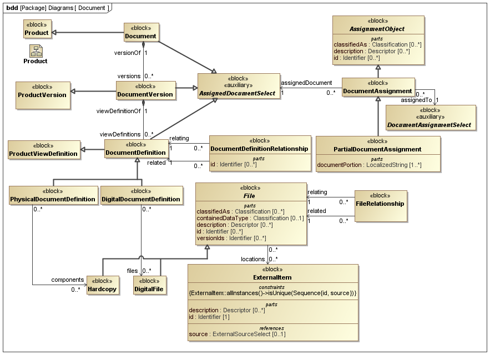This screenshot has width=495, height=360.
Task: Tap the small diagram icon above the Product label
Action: click(x=35, y=51)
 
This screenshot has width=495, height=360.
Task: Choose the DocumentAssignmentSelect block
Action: click(x=431, y=117)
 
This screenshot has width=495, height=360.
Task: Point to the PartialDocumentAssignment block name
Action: click(x=377, y=149)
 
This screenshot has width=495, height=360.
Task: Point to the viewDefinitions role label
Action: click(x=120, y=134)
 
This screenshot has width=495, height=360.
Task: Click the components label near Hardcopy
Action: click(x=68, y=280)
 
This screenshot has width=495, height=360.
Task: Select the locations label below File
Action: click(x=252, y=259)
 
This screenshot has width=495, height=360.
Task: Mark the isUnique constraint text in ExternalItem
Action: click(x=272, y=292)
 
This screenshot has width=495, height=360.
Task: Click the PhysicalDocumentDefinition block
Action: click(x=53, y=199)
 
